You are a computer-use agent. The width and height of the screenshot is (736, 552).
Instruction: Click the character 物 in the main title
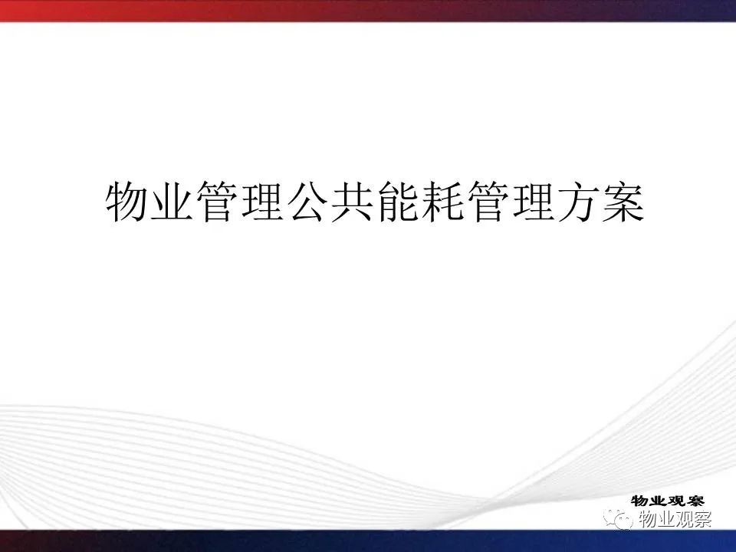[x=126, y=202]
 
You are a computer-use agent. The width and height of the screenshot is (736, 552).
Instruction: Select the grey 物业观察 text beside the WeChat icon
[x=675, y=519]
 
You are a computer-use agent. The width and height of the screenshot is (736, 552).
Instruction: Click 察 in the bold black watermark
[x=695, y=501]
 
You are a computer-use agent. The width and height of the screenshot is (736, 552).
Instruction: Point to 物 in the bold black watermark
[x=640, y=501]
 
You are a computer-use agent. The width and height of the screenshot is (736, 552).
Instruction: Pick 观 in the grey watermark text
[x=685, y=519]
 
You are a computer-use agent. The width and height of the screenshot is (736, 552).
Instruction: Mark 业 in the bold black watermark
[x=659, y=501]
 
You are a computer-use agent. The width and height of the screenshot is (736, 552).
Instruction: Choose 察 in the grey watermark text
[x=703, y=519]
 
